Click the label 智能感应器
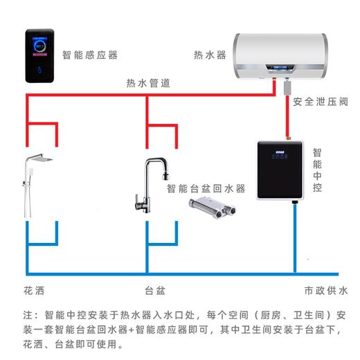click(90, 55)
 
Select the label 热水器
click(210, 55)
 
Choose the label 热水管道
click(149, 82)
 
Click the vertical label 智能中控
click(316, 169)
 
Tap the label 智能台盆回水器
click(206, 188)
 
